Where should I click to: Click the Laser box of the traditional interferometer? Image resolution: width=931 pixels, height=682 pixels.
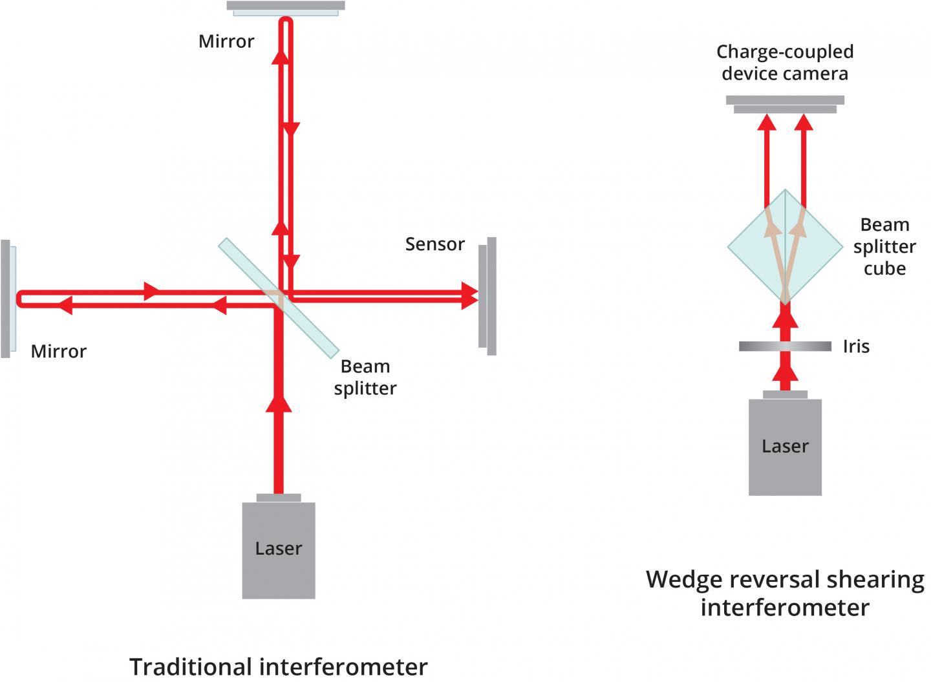click(x=278, y=549)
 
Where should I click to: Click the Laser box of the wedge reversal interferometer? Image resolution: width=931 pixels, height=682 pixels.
click(x=785, y=447)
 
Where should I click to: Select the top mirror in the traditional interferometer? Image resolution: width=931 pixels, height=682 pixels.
click(x=286, y=7)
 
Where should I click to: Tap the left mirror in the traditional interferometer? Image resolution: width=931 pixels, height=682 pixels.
click(x=7, y=298)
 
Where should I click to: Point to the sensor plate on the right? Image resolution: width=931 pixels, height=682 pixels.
click(x=487, y=296)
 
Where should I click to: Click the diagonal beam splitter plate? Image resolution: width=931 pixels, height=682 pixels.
click(x=278, y=297)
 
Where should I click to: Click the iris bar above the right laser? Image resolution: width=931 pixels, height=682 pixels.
click(x=785, y=346)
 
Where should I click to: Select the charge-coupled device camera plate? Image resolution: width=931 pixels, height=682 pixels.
click(x=785, y=104)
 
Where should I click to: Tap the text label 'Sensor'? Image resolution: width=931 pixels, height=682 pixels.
click(x=434, y=244)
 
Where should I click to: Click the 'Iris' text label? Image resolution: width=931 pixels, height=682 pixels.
click(x=856, y=346)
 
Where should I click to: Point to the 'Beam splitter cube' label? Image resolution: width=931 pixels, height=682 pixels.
click(x=884, y=247)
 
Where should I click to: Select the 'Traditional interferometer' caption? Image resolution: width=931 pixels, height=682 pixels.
click(x=278, y=666)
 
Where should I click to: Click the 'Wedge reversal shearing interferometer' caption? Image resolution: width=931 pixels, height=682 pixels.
click(x=785, y=593)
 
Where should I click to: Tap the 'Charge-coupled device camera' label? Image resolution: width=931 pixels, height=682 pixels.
click(x=785, y=62)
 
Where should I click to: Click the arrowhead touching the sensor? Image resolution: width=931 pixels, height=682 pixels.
click(x=470, y=296)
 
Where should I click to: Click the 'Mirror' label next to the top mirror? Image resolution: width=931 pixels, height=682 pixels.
click(x=226, y=41)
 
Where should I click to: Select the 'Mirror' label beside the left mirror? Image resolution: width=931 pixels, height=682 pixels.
click(x=58, y=351)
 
